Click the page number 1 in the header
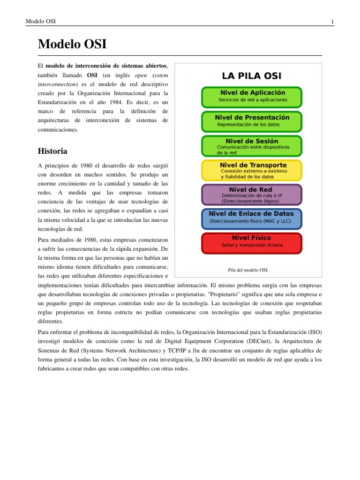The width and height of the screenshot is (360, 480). click(332, 22)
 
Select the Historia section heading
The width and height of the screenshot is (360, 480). click(52, 151)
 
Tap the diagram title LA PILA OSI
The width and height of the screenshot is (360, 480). click(252, 76)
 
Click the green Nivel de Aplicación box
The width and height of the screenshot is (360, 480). click(252, 97)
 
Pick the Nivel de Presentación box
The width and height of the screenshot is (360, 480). click(252, 121)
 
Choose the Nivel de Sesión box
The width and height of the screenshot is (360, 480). click(252, 145)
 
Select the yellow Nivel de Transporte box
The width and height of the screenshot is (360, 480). click(252, 170)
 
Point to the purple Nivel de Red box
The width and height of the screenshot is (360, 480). click(252, 194)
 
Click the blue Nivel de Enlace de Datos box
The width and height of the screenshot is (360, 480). click(252, 218)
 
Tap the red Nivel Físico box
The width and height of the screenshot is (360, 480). click(252, 243)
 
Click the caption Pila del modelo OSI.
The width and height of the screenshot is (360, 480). click(248, 270)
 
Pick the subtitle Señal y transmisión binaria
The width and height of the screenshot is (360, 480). click(252, 245)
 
